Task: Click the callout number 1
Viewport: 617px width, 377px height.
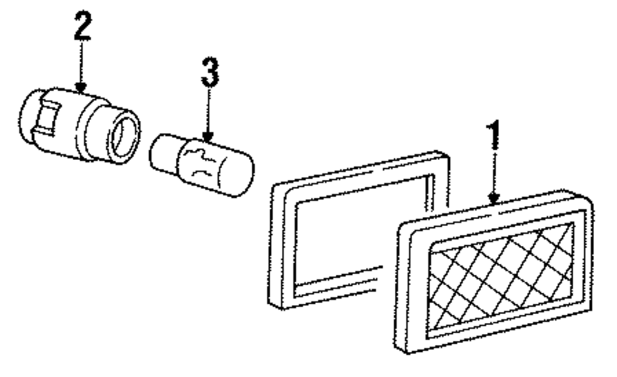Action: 494,142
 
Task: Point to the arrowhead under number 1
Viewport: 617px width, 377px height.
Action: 493,198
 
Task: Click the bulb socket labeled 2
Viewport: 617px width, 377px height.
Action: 80,126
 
